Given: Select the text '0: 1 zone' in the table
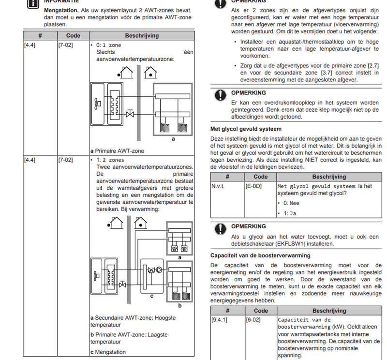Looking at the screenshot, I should coord(108,45).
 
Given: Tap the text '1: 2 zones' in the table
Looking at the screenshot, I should coord(110,160).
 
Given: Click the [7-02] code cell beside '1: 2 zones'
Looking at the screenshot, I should coord(65,160).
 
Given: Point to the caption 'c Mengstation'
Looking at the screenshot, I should coord(108,352).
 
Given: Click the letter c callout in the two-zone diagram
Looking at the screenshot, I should coord(152,296).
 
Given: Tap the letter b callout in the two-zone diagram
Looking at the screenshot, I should coord(179,306).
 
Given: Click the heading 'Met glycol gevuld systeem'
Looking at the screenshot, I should coord(246,129).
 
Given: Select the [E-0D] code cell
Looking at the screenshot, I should coord(253,186).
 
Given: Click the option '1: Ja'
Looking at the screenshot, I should coord(289,213).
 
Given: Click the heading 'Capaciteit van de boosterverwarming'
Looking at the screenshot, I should coord(260,255).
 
